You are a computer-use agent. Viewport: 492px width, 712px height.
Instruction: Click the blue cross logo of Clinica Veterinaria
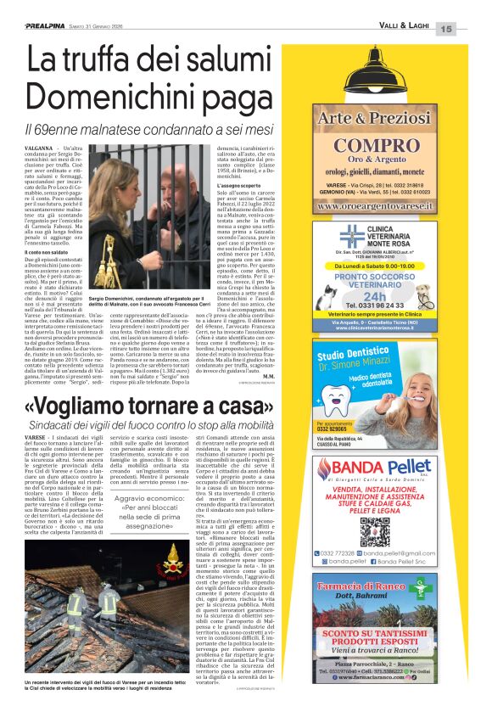pyautogui.click(x=350, y=235)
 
